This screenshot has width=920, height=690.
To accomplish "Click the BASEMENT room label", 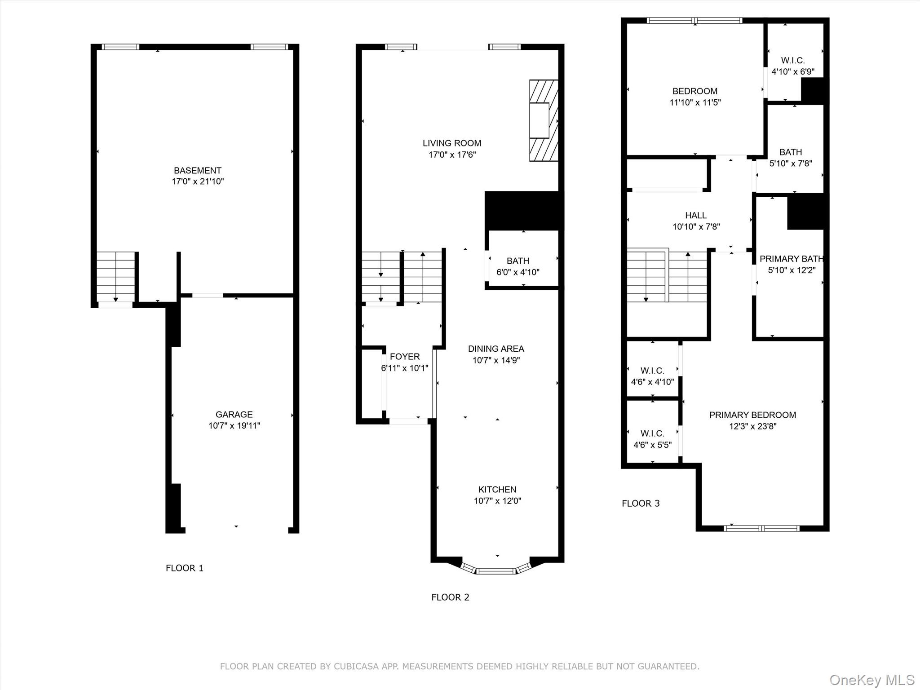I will tap(198, 171).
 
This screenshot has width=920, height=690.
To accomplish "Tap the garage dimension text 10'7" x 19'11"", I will tap(234, 426).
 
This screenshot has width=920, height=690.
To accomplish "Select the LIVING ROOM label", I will tap(451, 143).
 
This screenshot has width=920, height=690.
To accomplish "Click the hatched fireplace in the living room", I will tap(543, 120).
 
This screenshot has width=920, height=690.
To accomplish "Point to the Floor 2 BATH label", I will tap(517, 261).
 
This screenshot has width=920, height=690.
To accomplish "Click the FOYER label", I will tap(404, 357).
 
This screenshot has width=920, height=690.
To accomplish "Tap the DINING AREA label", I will tap(496, 349).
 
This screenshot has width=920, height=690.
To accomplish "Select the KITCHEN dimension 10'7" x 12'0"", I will tap(497, 501).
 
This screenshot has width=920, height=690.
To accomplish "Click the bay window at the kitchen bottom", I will tap(496, 571).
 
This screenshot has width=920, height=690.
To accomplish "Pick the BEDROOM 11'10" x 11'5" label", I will tap(694, 91).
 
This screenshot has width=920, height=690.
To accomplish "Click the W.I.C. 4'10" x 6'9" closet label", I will tap(793, 60).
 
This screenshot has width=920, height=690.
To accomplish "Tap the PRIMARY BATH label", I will tap(791, 259).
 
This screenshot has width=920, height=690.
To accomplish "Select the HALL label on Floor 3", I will tap(696, 216).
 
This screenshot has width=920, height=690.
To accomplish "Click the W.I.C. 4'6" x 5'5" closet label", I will tap(652, 433).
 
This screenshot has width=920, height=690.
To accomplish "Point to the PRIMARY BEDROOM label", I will tap(752, 415).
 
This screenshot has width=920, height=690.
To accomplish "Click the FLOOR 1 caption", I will tap(184, 568).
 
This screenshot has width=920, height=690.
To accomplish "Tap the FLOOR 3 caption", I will tap(641, 504).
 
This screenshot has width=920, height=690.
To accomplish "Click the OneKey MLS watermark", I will tap(871, 680).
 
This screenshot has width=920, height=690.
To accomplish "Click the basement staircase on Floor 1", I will tap(116, 276).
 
